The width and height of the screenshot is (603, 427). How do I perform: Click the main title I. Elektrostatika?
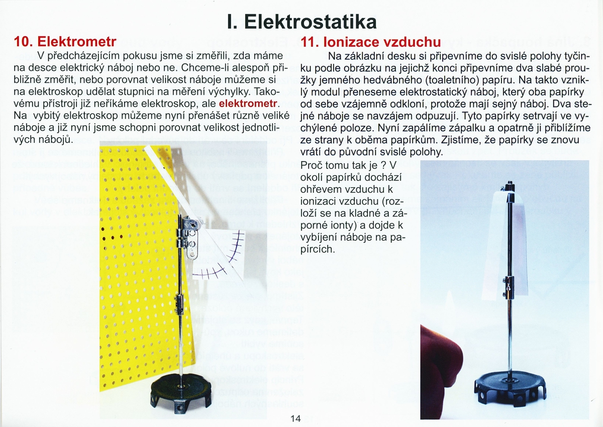[x=301, y=21]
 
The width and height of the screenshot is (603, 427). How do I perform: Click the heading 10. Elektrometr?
[x=62, y=41]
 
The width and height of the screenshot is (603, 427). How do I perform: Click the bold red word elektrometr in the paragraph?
[x=249, y=104]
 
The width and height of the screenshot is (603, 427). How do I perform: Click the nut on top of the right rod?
[x=510, y=186]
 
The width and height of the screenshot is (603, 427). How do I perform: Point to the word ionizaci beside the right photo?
[x=319, y=202]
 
